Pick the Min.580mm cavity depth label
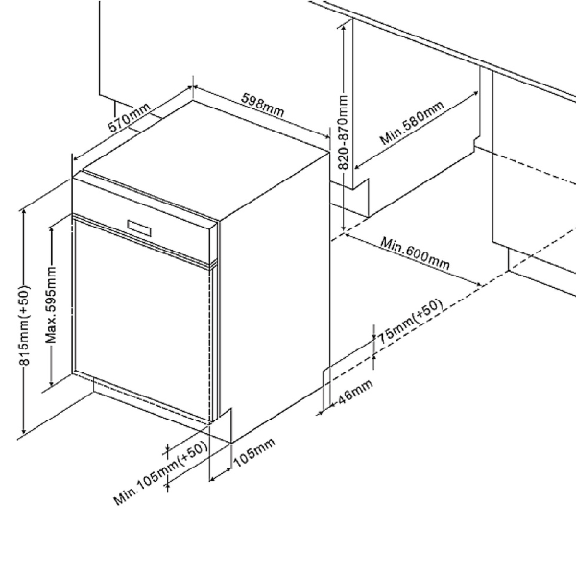411,122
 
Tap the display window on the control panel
137,228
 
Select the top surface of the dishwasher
206,158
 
